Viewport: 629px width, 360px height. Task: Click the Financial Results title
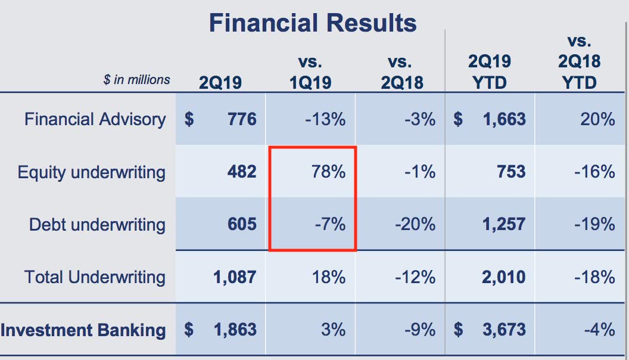(313, 23)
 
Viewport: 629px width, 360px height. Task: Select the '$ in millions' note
(136, 80)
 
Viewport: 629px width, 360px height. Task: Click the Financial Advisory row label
(95, 119)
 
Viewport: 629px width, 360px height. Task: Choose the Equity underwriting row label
(91, 172)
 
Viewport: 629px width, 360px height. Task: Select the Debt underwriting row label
(97, 225)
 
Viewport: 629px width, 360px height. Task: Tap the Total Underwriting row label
(95, 277)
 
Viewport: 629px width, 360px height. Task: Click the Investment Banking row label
(83, 330)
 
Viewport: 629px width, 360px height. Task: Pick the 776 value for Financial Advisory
(242, 119)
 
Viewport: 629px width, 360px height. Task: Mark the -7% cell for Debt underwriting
(331, 225)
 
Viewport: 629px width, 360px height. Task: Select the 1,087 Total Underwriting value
(234, 277)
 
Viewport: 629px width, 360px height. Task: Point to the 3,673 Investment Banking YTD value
(503, 330)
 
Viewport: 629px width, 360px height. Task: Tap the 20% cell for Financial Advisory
(598, 119)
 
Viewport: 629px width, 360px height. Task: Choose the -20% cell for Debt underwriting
(415, 225)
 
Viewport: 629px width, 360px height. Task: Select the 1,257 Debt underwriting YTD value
(503, 225)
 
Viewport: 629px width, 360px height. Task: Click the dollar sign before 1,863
(189, 330)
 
